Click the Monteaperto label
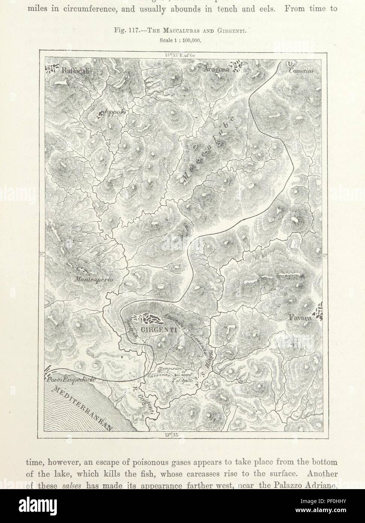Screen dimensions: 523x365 94,280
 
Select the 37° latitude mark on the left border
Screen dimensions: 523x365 42,254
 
